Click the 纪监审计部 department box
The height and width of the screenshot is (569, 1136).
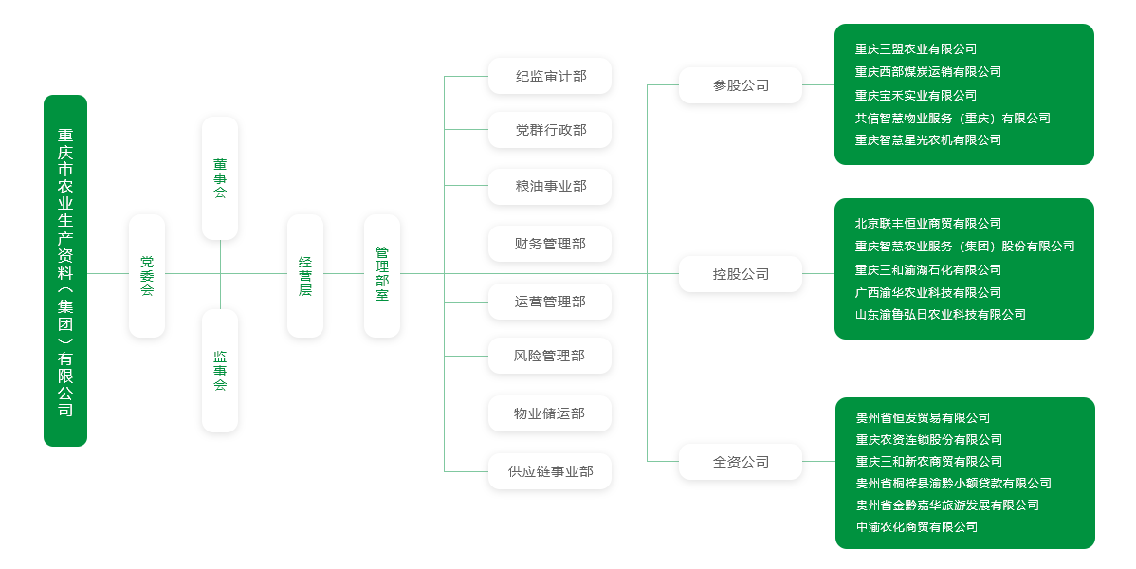coord(550,76)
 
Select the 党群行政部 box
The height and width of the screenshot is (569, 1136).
coord(550,130)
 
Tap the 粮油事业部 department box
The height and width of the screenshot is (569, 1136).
coord(550,186)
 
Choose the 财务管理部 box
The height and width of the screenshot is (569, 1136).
coord(550,244)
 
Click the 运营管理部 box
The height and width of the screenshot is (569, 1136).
coord(550,302)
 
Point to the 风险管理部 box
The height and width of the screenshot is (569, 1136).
coord(550,356)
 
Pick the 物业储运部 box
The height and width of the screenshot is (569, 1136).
coord(550,413)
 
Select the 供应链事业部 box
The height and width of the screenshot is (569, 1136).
coord(550,471)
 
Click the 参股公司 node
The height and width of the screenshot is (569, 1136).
coord(741,85)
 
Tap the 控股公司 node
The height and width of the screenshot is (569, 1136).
coord(741,274)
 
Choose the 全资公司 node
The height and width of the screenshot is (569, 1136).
coord(741,462)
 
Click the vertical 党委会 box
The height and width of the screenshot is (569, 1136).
coord(147,276)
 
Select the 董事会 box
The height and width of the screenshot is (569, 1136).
coord(220,178)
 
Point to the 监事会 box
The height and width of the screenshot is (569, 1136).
coord(220,371)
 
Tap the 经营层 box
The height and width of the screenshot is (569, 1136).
coord(305,276)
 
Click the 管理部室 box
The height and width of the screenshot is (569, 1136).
coord(382,276)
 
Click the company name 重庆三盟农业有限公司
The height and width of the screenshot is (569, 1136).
coord(915,49)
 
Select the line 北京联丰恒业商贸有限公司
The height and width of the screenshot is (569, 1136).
coord(927,224)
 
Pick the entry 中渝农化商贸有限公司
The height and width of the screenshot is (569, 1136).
coord(916,527)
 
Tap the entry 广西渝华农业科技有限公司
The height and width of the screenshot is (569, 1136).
coord(927,292)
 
